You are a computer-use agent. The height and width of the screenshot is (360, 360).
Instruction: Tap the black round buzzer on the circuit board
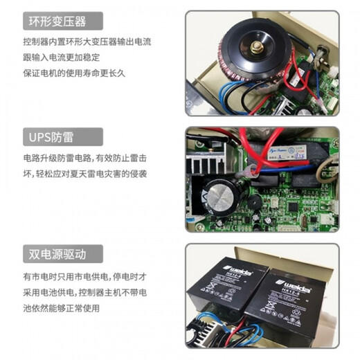[255, 201]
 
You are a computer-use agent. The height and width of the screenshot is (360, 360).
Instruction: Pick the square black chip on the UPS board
[295, 206]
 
